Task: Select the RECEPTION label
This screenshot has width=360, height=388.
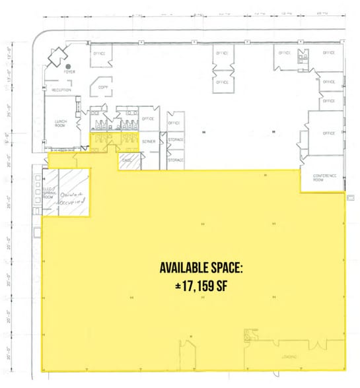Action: point(61,90)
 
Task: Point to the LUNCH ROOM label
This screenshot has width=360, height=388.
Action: point(63,123)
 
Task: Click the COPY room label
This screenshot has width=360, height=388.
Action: point(102,86)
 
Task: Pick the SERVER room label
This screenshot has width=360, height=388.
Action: point(149,141)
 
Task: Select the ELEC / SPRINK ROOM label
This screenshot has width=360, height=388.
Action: point(50,193)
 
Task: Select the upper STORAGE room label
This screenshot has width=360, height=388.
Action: point(176,140)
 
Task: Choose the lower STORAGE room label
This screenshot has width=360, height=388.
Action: point(176,160)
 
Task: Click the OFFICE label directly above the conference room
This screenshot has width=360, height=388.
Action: point(329,133)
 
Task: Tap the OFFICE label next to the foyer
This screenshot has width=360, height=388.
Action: point(100,53)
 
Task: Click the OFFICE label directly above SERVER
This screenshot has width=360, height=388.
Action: point(147,119)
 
